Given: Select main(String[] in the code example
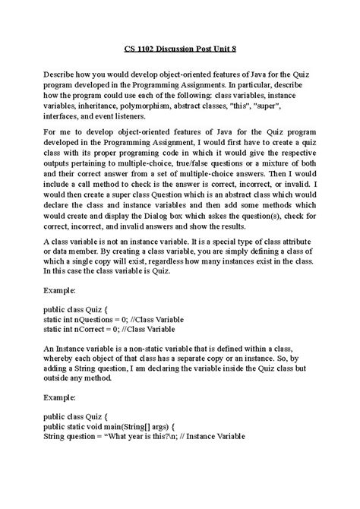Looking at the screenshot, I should point(147,426).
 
